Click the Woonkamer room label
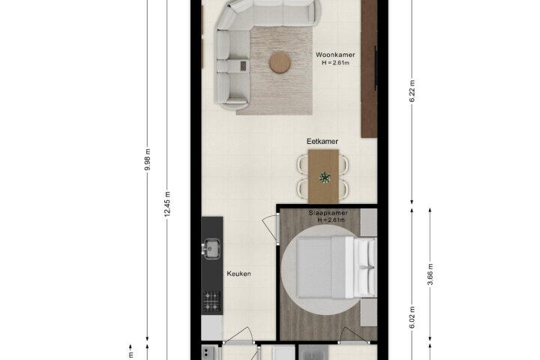click(335, 55)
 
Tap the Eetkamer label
click(322, 141)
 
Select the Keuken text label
click(238, 274)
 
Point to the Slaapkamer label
click(328, 213)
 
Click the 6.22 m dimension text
click(412, 91)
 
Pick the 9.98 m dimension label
click(148, 160)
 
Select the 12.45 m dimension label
click(167, 204)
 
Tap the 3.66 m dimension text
click(430, 274)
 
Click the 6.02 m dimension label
click(412, 317)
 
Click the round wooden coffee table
click(280, 63)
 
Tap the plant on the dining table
click(325, 178)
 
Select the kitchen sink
click(211, 249)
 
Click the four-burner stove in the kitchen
click(211, 301)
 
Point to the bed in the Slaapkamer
click(337, 267)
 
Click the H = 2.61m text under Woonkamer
click(335, 63)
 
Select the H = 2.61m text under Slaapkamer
click(331, 220)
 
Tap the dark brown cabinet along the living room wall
click(369, 69)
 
